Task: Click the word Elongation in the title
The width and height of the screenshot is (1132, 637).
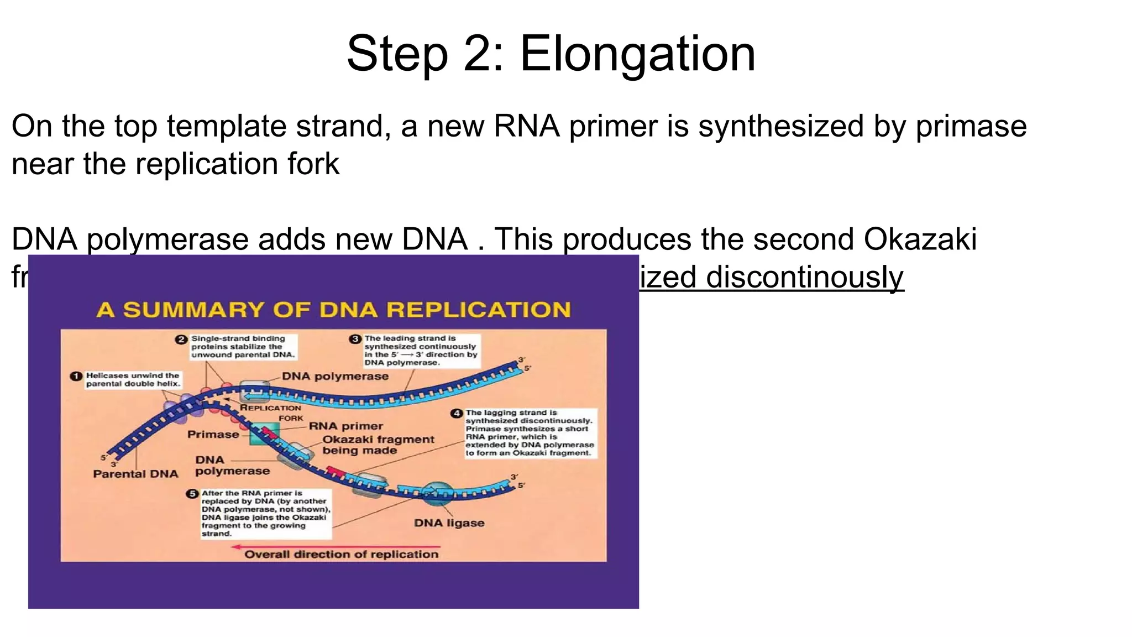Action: (x=637, y=54)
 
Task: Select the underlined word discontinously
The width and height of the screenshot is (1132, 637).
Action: (x=804, y=277)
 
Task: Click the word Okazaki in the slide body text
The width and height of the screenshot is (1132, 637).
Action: (x=920, y=239)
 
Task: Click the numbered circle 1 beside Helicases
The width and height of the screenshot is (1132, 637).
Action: (x=76, y=377)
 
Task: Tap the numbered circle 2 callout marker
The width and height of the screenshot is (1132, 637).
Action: (x=181, y=340)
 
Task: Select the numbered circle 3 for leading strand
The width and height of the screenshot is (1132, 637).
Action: (x=355, y=339)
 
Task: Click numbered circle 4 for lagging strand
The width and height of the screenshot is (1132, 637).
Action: (x=457, y=414)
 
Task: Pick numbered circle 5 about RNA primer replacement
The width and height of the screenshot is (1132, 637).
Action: (x=192, y=494)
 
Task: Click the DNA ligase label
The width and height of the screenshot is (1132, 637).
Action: (x=449, y=523)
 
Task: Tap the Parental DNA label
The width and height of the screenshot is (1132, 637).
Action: (x=135, y=474)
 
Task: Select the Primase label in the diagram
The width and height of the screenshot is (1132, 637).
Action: (x=213, y=435)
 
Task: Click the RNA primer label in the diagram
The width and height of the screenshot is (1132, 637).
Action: (x=346, y=426)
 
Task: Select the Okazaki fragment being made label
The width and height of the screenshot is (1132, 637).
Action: (x=378, y=445)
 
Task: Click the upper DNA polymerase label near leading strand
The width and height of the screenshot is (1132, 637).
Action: (x=335, y=377)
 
